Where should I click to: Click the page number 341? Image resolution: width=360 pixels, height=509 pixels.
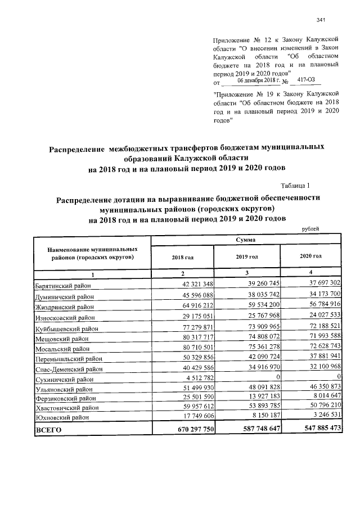(322, 20)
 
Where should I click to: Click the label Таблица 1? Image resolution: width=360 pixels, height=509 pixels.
(295, 185)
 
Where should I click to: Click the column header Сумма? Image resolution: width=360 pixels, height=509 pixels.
(246, 240)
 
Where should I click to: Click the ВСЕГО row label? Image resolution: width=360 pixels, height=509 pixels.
(48, 430)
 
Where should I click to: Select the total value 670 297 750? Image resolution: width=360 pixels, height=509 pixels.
(188, 430)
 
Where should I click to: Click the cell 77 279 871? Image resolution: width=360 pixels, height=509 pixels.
(194, 325)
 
